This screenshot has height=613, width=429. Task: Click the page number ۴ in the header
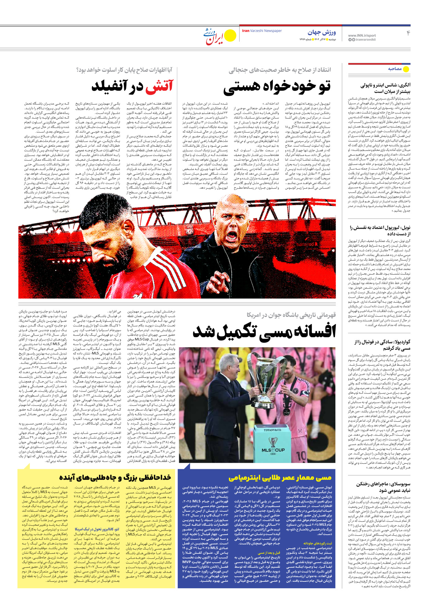(x=408, y=33)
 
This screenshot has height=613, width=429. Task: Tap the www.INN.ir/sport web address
(x=362, y=35)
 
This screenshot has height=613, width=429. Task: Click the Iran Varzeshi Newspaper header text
(x=262, y=31)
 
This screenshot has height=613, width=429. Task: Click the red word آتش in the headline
(x=160, y=86)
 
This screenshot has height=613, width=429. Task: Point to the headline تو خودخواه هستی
(x=277, y=87)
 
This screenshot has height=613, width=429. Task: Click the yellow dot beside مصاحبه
(x=406, y=69)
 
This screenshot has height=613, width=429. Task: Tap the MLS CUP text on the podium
(x=273, y=450)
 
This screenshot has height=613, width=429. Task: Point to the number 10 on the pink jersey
(x=301, y=456)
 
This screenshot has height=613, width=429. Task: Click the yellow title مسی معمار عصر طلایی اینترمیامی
(x=280, y=478)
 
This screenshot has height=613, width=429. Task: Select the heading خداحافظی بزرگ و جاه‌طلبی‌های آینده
(x=115, y=478)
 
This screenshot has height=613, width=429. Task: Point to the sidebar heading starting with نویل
(x=380, y=230)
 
